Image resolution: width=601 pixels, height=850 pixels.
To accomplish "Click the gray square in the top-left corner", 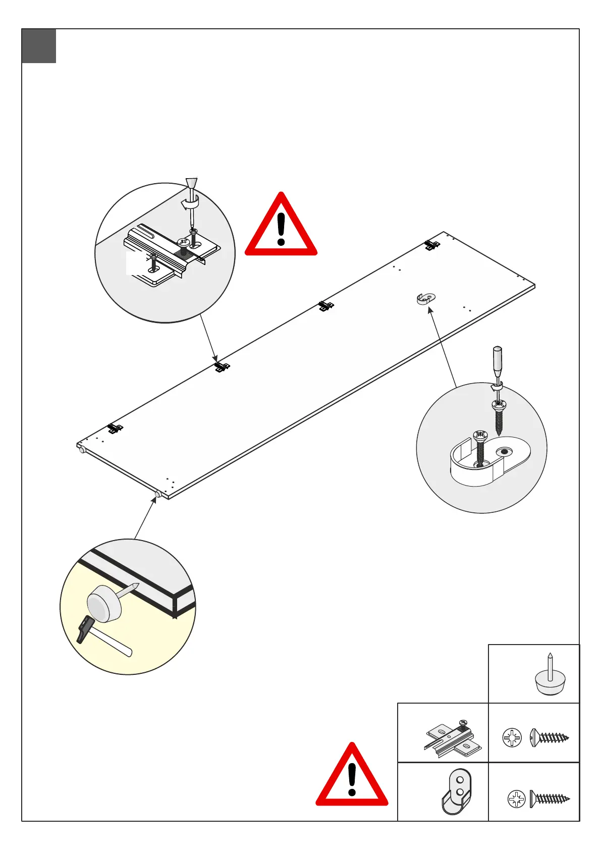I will (x=39, y=46).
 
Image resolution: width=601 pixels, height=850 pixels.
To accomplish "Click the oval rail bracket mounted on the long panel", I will (x=426, y=298).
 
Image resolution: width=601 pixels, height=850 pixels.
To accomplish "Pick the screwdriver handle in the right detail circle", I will (x=497, y=360).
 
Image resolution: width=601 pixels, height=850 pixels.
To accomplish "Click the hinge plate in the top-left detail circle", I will (x=172, y=255).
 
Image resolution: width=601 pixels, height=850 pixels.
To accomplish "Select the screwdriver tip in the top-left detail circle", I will (x=192, y=222).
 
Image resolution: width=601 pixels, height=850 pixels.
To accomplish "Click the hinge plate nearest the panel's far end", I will (x=431, y=245).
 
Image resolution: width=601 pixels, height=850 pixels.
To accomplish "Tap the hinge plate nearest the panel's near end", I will (x=115, y=429).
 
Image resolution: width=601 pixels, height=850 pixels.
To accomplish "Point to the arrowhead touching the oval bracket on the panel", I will (x=430, y=309).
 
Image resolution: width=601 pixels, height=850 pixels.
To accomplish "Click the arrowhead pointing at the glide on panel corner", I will (x=154, y=500).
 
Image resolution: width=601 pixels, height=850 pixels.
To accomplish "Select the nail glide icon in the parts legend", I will (x=549, y=676).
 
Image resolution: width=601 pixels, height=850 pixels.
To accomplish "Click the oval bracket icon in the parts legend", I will (x=457, y=791).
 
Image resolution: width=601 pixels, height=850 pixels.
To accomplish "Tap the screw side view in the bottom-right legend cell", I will (x=550, y=799).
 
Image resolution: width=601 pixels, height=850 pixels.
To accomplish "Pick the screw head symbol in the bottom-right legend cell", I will (x=516, y=799).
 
